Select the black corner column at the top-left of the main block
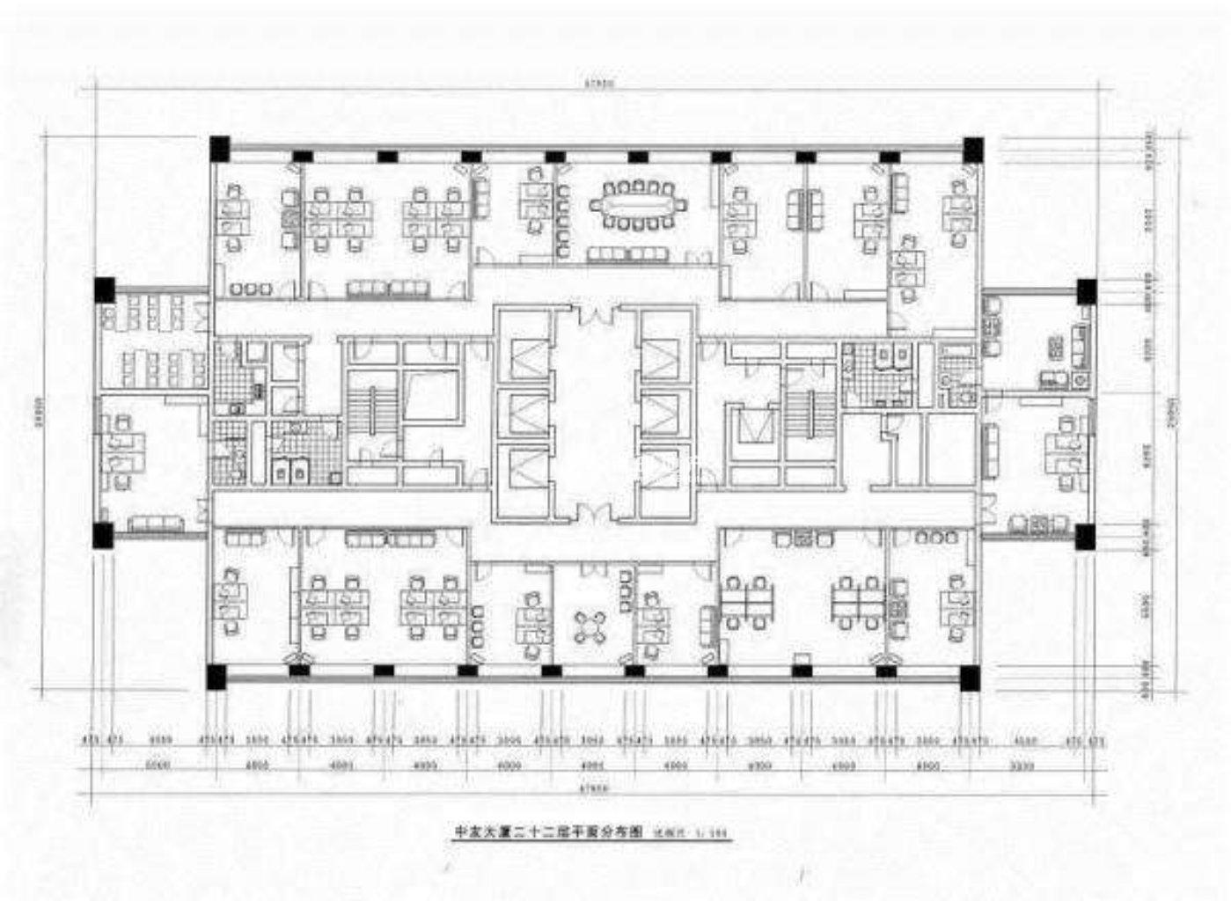pyautogui.click(x=218, y=148)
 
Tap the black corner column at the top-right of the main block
pyautogui.click(x=972, y=148)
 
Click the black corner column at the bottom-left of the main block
pyautogui.click(x=216, y=676)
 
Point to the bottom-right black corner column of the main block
pyautogui.click(x=969, y=677)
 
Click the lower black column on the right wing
pyautogui.click(x=1084, y=535)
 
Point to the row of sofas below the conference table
pyautogui.click(x=628, y=254)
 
